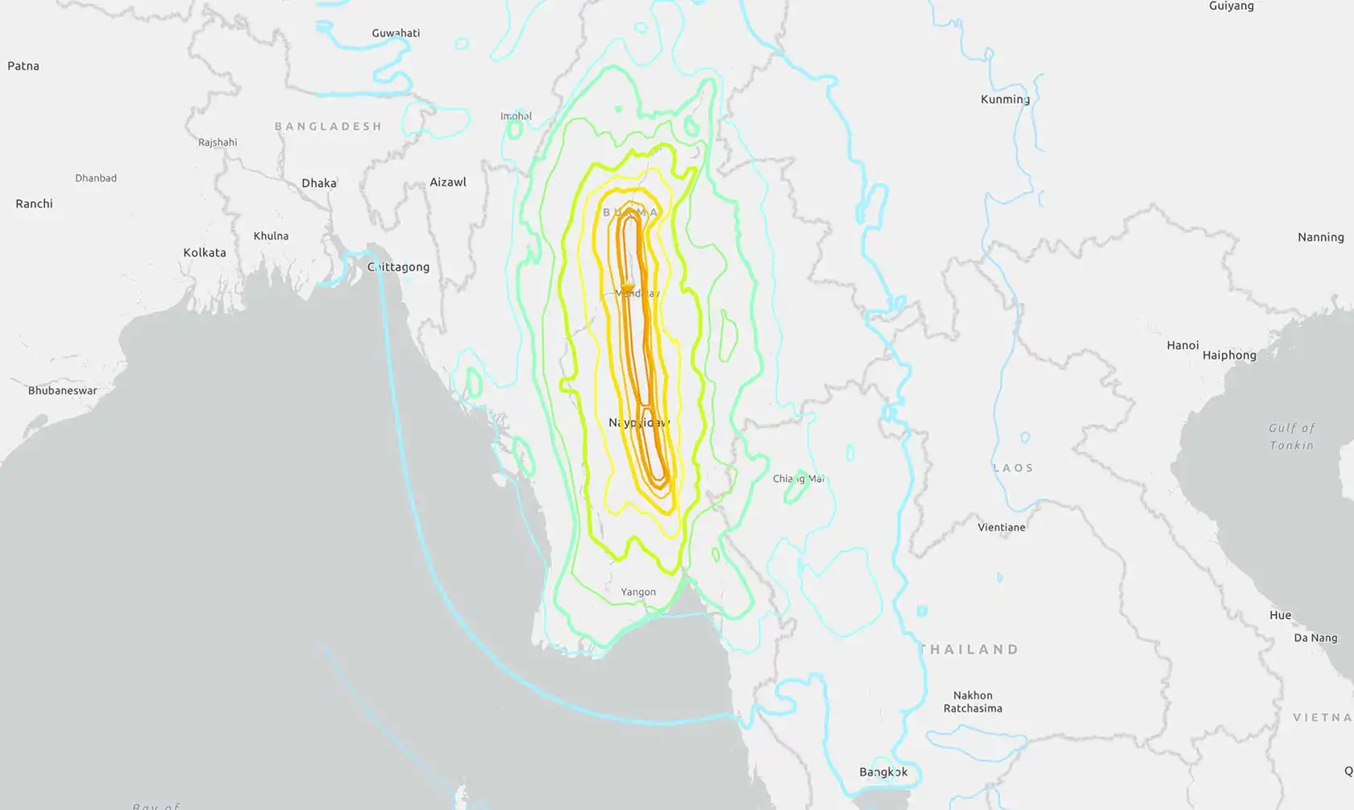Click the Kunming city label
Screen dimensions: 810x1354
coord(1004,99)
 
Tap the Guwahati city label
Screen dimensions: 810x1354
coord(396,33)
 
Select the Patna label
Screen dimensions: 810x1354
coord(23,66)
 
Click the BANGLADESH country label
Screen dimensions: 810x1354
coord(328,127)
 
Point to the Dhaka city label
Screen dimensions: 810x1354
coord(319,183)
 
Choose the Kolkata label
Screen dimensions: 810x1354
coord(205,252)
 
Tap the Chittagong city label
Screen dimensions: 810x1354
coord(398,267)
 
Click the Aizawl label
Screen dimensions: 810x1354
coord(448,182)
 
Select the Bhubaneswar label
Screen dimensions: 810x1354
coord(62,391)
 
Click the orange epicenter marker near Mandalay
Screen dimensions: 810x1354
coord(627,287)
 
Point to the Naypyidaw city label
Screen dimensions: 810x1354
coord(638,422)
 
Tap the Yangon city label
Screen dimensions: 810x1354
coord(638,592)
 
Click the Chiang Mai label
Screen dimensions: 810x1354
coord(798,479)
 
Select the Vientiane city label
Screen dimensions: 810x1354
coord(1001,527)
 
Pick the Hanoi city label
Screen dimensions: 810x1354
coord(1182,345)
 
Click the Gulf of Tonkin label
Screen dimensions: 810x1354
coord(1291,436)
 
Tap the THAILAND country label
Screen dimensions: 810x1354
coord(970,649)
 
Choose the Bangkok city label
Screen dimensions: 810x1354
coord(883,772)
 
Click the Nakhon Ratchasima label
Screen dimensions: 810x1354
coord(973,701)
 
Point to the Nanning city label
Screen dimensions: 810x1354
coord(1320,237)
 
